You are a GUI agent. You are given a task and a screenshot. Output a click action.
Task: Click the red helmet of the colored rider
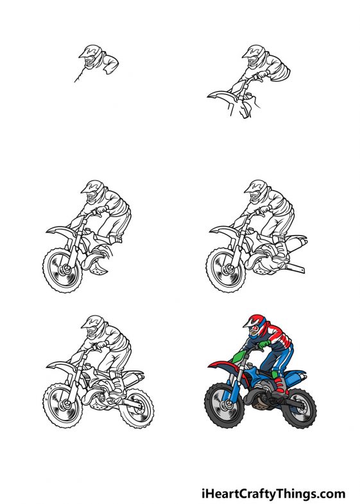click(x=256, y=325)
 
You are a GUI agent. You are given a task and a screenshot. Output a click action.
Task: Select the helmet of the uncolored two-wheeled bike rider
click(x=93, y=325)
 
